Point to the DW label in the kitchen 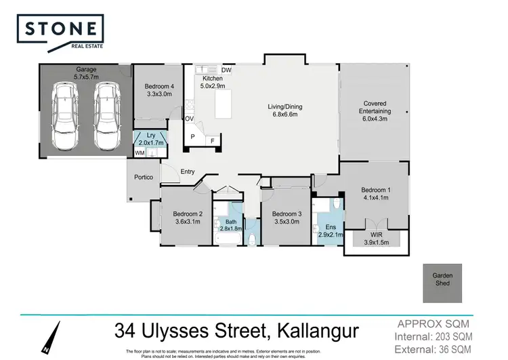pyautogui.click(x=226, y=70)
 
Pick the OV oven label pyautogui.click(x=190, y=119)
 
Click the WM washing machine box pyautogui.click(x=140, y=153)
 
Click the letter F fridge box pyautogui.click(x=212, y=141)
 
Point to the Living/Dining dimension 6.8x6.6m pyautogui.click(x=284, y=115)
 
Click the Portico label pyautogui.click(x=144, y=178)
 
